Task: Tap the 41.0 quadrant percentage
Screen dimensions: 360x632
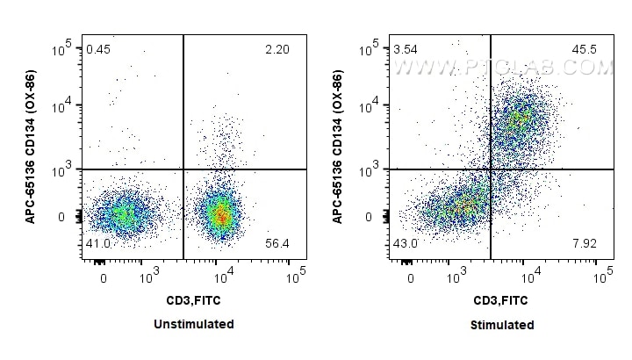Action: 97,244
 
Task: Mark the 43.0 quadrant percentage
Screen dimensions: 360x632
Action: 405,244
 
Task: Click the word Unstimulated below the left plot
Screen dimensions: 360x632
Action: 193,324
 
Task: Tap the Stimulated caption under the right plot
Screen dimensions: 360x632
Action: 501,325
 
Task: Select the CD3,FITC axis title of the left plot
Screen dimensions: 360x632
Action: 193,301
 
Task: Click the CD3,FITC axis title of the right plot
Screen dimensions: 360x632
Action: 501,301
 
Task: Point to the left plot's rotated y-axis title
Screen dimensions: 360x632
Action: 32,148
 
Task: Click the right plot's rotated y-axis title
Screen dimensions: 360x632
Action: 340,148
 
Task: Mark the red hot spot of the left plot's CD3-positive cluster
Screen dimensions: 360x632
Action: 222,213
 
